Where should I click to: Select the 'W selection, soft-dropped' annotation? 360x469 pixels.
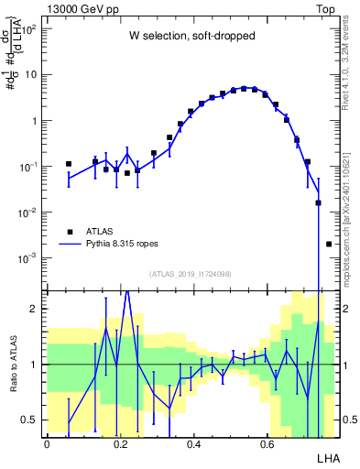192,38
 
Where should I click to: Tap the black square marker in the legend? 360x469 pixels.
71,232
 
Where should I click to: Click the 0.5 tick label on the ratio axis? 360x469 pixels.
29,420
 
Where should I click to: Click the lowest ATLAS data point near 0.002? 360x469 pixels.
329,244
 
